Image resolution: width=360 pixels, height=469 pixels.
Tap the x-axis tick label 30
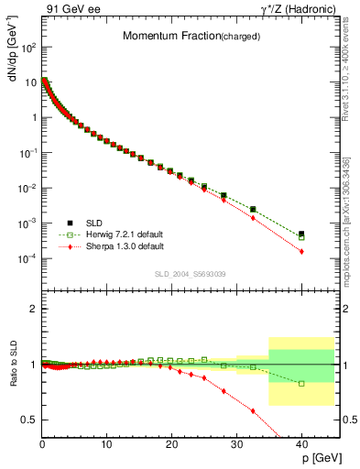(x=236, y=445)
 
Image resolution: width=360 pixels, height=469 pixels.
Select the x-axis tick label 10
(x=106, y=445)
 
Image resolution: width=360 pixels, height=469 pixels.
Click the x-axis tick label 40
(x=301, y=445)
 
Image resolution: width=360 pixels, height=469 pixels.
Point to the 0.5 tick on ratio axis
(x=28, y=420)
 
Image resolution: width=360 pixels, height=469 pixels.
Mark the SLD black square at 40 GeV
(x=301, y=234)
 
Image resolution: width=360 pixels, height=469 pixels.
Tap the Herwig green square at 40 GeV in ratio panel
(x=301, y=383)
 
